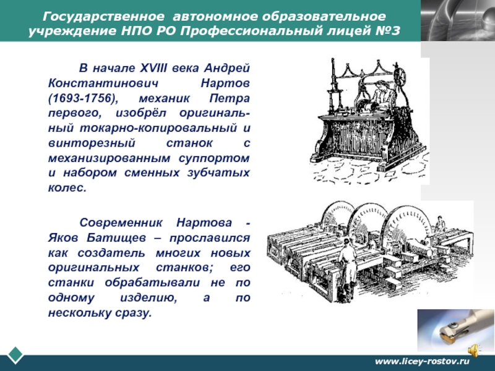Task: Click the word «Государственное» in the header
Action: tap(103, 17)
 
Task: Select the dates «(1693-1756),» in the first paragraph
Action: tap(84, 98)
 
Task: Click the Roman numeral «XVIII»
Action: tap(153, 68)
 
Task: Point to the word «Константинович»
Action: tap(103, 83)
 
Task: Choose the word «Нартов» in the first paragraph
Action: tap(225, 83)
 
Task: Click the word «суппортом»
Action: tap(214, 158)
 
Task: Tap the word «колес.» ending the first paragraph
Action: tap(67, 188)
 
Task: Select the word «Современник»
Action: tap(121, 223)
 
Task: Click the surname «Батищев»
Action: tap(116, 238)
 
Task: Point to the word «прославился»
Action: tap(210, 238)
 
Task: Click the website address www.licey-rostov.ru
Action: tap(422, 361)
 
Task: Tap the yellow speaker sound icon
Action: tap(473, 351)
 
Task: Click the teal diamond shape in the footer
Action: tap(15, 355)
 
